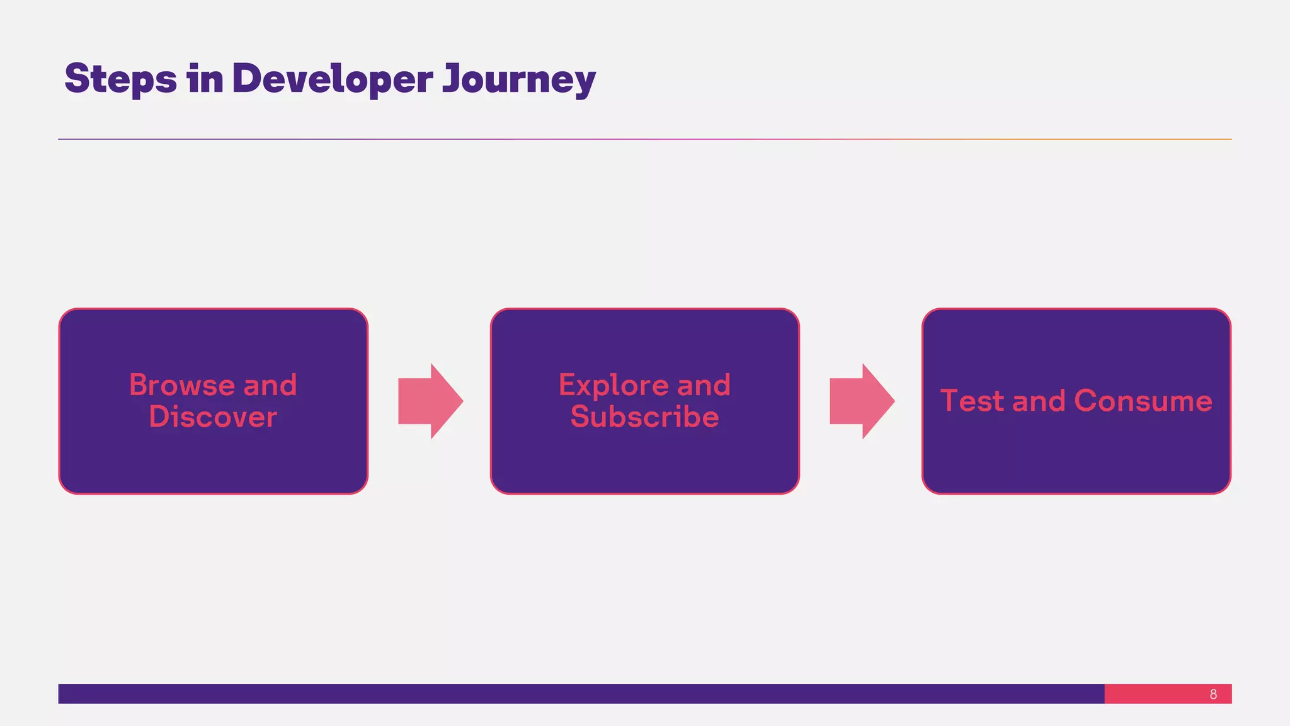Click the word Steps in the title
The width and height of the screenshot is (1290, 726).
coord(120,79)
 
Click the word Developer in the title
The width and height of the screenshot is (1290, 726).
coord(332,79)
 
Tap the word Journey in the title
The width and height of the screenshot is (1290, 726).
coord(518,79)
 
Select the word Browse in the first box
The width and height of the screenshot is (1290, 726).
coord(182,385)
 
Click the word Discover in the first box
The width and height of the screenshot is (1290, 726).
coord(213,417)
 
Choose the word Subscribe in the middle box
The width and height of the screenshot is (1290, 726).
coord(644,417)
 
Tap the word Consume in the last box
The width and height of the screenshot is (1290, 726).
coord(1143,401)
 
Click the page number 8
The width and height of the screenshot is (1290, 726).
coord(1213,694)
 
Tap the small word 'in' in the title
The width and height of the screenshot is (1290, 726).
coord(205,79)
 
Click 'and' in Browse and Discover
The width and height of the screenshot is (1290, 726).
coord(270,385)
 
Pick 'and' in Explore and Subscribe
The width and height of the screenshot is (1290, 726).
coord(704,385)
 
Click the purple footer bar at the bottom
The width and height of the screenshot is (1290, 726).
coord(567,694)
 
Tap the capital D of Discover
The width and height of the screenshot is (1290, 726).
coord(160,417)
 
